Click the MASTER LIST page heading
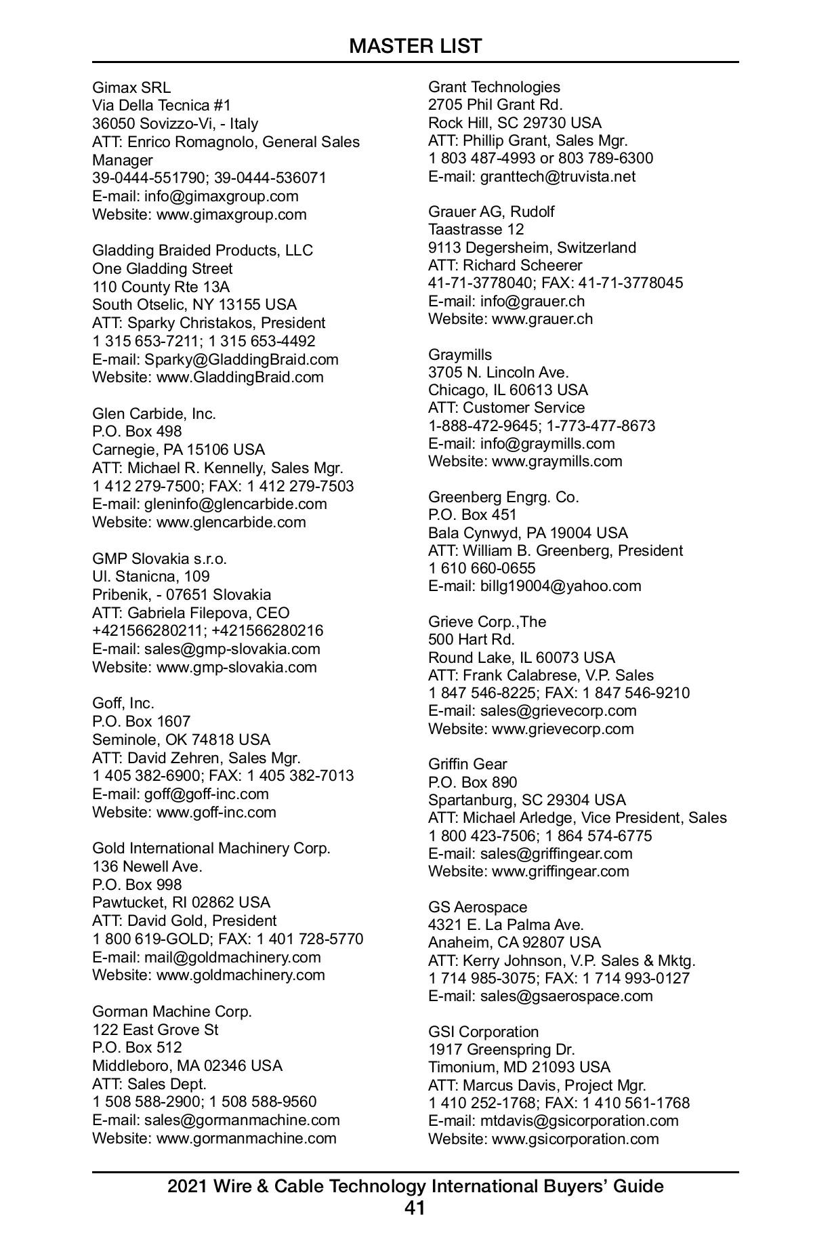[x=415, y=46]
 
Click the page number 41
[x=415, y=1208]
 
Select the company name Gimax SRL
[x=131, y=87]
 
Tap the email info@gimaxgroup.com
[x=221, y=197]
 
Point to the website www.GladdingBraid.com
[x=240, y=377]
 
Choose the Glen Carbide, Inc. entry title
[x=154, y=413]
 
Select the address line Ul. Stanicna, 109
[x=151, y=577]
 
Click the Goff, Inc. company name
[x=123, y=703]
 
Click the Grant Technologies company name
[x=494, y=87]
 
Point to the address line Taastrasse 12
[x=476, y=229]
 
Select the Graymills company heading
[x=460, y=354]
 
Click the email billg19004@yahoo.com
[x=560, y=586]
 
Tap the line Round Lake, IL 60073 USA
[x=522, y=657]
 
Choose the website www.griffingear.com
[x=560, y=871]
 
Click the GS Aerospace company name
[x=478, y=907]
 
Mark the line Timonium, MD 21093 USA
[x=519, y=1067]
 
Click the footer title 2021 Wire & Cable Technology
[x=415, y=1186]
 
